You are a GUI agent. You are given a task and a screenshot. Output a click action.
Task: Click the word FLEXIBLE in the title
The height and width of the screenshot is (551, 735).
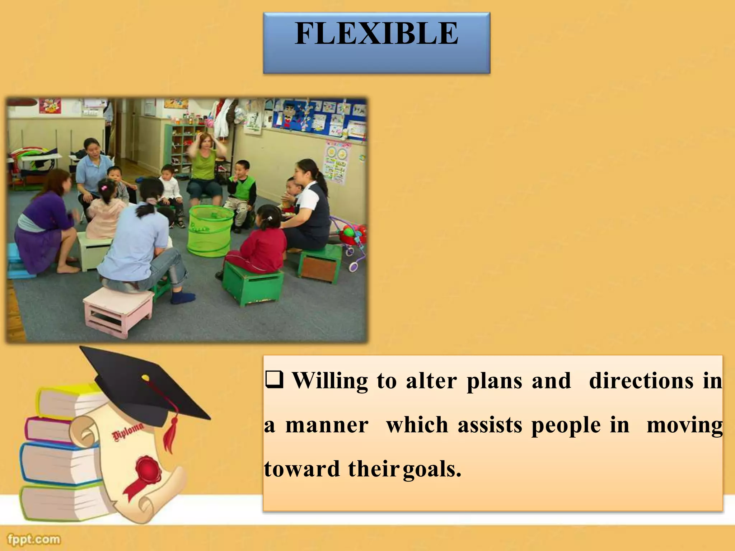click(376, 33)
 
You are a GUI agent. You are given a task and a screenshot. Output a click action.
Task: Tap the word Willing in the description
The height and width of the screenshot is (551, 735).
click(330, 381)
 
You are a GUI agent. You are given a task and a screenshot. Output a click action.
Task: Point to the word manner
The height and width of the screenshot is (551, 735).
click(327, 425)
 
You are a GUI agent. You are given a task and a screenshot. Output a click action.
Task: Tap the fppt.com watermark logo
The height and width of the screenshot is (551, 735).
click(34, 539)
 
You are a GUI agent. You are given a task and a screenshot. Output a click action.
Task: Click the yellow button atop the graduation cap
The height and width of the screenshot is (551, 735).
click(145, 377)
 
